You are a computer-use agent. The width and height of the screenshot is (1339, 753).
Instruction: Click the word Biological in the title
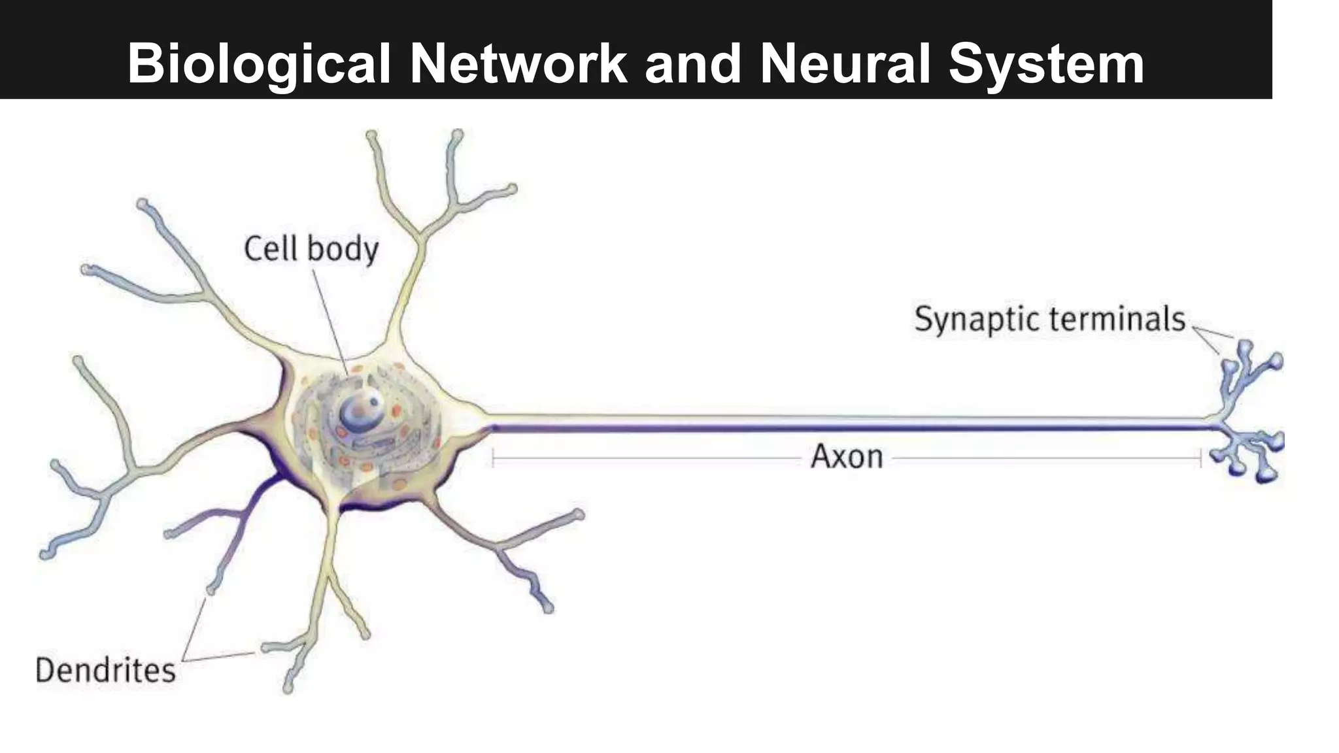[259, 64]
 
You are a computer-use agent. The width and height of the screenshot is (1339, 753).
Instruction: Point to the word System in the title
[1046, 64]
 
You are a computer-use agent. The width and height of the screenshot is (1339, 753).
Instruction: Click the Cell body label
[311, 249]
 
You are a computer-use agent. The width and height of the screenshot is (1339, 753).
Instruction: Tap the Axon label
[847, 456]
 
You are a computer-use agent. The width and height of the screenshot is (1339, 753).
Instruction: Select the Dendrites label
[106, 671]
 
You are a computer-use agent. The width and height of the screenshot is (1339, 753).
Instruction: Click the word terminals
[1117, 319]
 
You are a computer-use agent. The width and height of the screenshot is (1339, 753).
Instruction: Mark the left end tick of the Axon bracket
[493, 458]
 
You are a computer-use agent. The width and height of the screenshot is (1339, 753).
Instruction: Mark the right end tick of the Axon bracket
[1200, 458]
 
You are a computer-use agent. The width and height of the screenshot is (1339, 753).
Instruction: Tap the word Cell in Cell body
[271, 249]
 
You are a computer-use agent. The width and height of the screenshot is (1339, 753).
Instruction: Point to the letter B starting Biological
[145, 64]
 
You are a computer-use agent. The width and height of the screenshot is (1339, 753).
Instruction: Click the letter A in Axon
[821, 456]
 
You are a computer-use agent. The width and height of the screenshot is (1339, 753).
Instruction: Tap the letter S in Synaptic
[923, 319]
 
